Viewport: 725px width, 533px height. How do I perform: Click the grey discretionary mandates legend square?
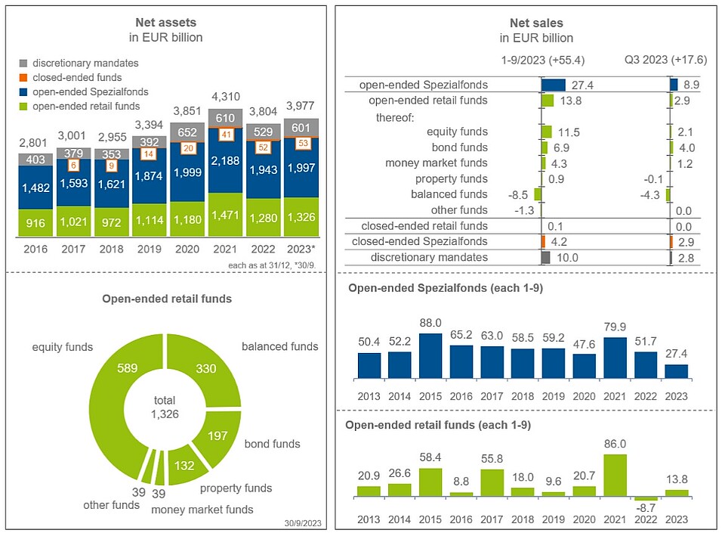(x=23, y=64)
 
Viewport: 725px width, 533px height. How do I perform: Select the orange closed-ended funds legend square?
(x=23, y=78)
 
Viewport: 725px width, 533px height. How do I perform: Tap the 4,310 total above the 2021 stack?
(x=224, y=97)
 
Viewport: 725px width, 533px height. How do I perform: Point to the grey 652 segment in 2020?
(x=187, y=131)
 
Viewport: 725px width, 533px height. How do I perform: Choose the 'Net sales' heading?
(x=526, y=23)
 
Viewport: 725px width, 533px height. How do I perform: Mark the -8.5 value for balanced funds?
(x=521, y=194)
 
